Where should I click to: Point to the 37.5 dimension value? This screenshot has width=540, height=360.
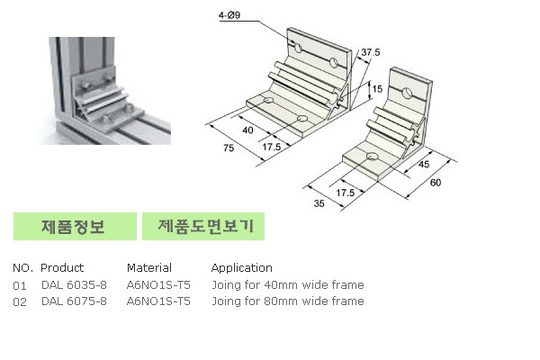coord(368,52)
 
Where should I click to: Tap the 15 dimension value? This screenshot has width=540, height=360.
coord(379,89)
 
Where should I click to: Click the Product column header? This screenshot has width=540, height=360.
coord(62,267)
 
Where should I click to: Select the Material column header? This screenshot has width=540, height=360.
coord(148,267)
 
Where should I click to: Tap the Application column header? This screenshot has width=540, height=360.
coord(241,267)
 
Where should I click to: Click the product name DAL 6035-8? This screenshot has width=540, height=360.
coord(74,284)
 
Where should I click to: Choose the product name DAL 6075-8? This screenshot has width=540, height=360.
coord(74,301)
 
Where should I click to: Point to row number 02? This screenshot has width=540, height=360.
coord(21,301)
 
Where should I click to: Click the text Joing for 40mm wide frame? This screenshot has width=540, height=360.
coord(287,284)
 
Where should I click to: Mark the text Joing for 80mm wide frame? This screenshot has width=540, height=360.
coord(287,301)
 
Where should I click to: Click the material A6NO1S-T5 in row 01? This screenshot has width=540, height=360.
coord(158,284)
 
